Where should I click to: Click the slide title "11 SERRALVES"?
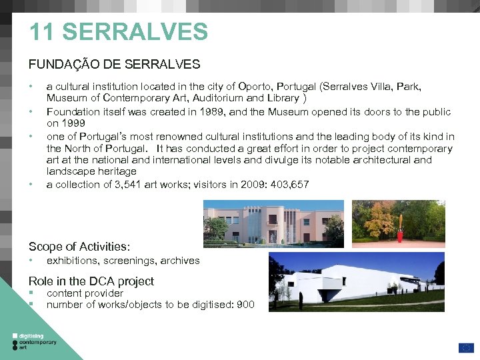[x=119, y=32]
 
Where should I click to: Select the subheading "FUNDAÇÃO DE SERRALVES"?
[x=114, y=65]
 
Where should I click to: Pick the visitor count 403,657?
[x=287, y=184]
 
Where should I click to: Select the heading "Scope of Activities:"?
[x=79, y=246]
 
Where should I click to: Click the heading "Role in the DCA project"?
[x=91, y=281]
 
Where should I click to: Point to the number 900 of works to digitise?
[x=245, y=305]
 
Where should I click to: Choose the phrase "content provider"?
[x=85, y=293]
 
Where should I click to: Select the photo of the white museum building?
[x=356, y=281]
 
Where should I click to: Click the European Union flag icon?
[x=465, y=347]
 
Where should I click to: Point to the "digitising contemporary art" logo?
[x=35, y=341]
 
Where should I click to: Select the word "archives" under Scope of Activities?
[x=181, y=261]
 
